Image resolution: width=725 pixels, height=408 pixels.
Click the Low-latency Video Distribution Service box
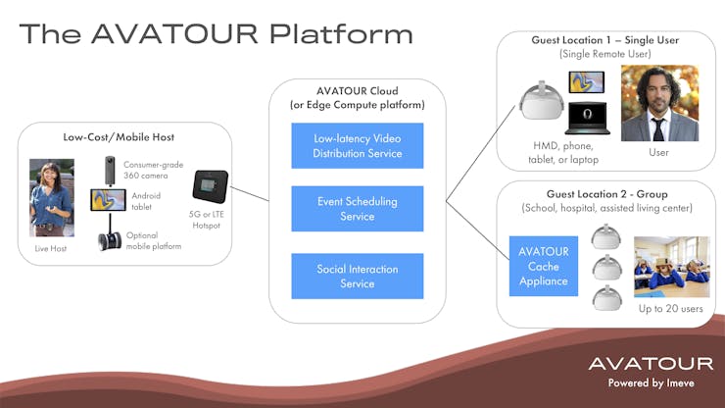pyautogui.click(x=358, y=145)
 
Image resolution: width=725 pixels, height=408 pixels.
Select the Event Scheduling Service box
pyautogui.click(x=358, y=208)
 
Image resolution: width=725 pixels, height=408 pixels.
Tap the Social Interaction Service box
pyautogui.click(x=358, y=276)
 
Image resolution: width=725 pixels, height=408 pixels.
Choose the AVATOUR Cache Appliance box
pyautogui.click(x=544, y=267)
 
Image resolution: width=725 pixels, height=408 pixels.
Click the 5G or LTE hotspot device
pyautogui.click(x=211, y=186)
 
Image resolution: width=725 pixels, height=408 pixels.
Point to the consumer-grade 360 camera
pyautogui.click(x=110, y=171)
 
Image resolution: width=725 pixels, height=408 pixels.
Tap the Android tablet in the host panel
pyautogui.click(x=108, y=200)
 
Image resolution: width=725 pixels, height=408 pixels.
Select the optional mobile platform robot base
pyautogui.click(x=110, y=241)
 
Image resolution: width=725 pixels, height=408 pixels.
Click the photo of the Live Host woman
pyautogui.click(x=52, y=198)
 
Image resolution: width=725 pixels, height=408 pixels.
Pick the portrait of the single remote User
pyautogui.click(x=659, y=103)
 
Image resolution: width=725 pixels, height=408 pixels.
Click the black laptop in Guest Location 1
pyautogui.click(x=587, y=118)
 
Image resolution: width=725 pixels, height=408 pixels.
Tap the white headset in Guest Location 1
pyautogui.click(x=541, y=100)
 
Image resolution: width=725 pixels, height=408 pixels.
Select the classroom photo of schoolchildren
pyautogui.click(x=672, y=267)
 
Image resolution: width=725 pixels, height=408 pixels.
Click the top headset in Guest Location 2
pyautogui.click(x=605, y=236)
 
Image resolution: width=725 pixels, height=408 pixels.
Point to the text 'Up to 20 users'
pyautogui.click(x=671, y=308)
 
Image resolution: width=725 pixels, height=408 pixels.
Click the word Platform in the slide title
pyautogui.click(x=341, y=33)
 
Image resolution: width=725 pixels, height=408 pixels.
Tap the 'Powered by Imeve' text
pyautogui.click(x=651, y=383)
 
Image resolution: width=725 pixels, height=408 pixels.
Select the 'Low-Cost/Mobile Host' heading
pyautogui.click(x=119, y=137)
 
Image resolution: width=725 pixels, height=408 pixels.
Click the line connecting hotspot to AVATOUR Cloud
pyautogui.click(x=249, y=194)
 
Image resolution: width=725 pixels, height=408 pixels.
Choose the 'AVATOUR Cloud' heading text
pyautogui.click(x=358, y=91)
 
